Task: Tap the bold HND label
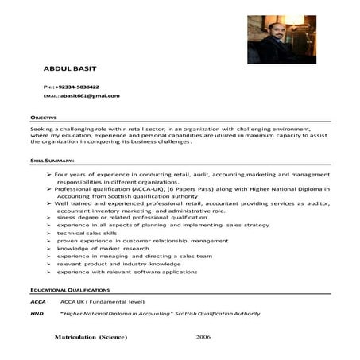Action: pyautogui.click(x=37, y=314)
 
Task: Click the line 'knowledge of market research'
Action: pyautogui.click(x=99, y=249)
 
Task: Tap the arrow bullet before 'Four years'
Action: pyautogui.click(x=50, y=174)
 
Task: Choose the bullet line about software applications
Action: pyautogui.click(x=120, y=273)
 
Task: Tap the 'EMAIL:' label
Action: pyautogui.click(x=52, y=96)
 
